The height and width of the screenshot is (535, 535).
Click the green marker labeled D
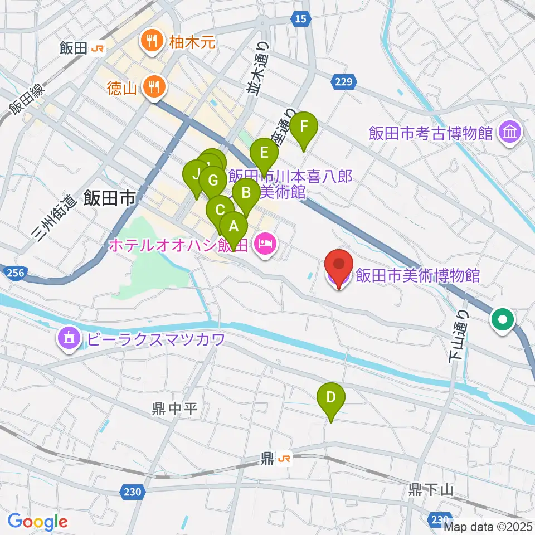pyautogui.click(x=331, y=398)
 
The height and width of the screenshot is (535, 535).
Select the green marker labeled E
pyautogui.click(x=264, y=153)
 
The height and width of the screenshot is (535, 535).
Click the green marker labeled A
pyautogui.click(x=234, y=227)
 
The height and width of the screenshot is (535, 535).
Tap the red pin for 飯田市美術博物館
pyautogui.click(x=341, y=265)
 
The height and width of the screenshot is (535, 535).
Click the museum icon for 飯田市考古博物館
pyautogui.click(x=510, y=133)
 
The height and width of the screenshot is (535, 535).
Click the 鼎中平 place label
pyautogui.click(x=174, y=410)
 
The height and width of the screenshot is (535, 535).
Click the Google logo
pyautogui.click(x=37, y=522)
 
